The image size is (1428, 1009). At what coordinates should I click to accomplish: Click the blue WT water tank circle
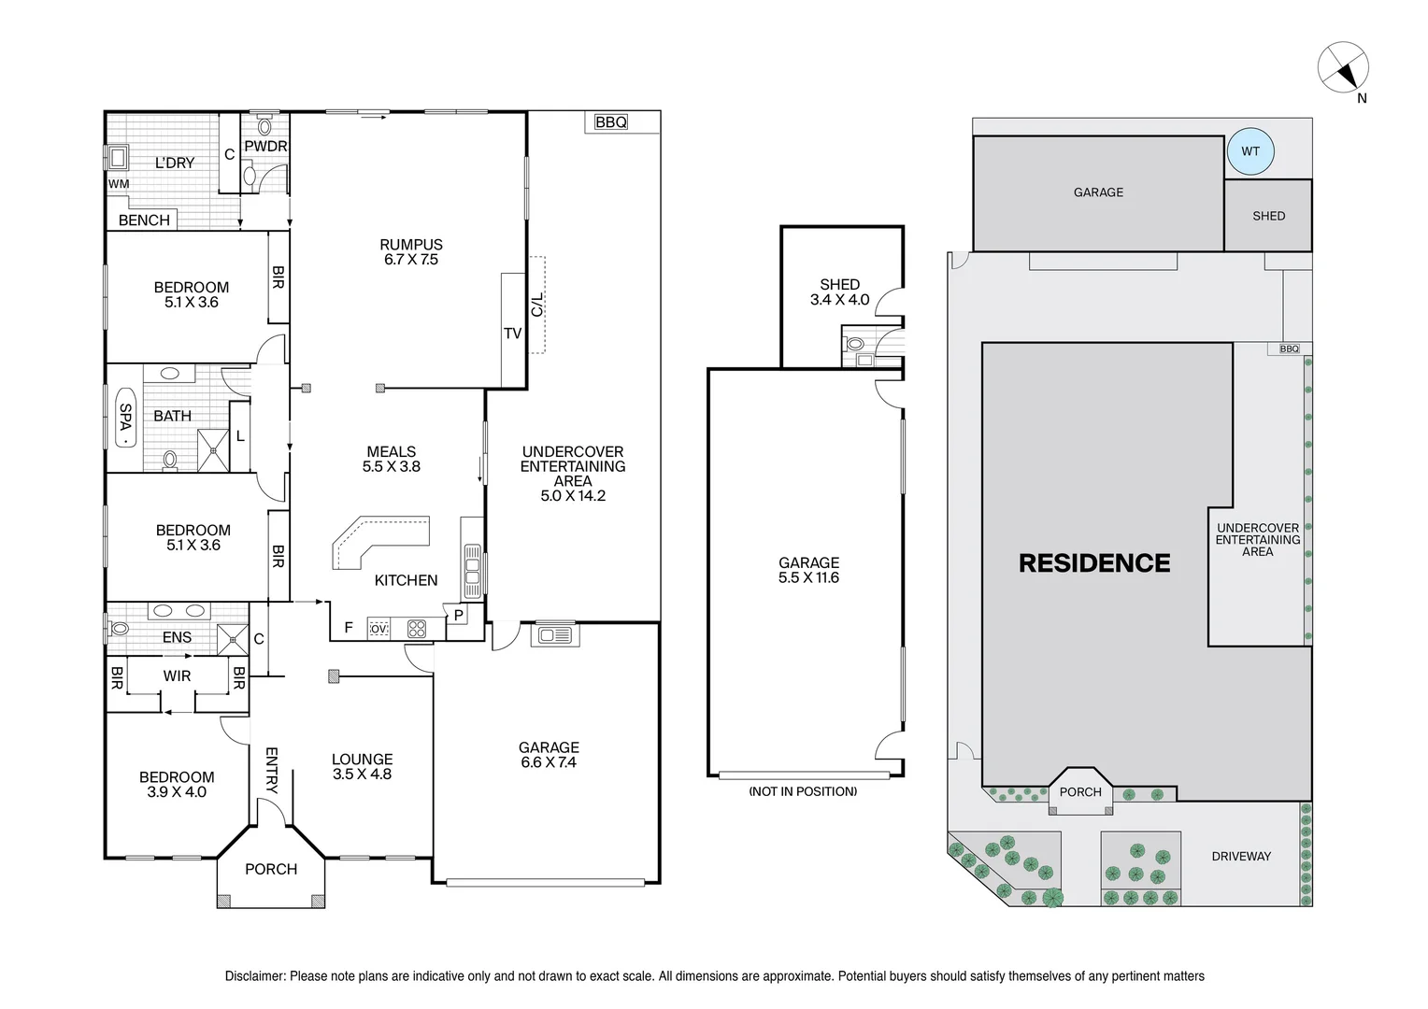(1249, 151)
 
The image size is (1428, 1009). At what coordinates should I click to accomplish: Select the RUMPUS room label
(411, 245)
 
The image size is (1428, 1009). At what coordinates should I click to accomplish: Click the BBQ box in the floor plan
(611, 122)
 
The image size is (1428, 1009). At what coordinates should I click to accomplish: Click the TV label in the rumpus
(512, 333)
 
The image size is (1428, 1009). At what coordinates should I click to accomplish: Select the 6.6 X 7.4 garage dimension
(549, 762)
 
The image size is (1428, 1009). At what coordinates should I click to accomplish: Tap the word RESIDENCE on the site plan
(1093, 563)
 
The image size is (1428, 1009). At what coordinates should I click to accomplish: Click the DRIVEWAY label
(1240, 856)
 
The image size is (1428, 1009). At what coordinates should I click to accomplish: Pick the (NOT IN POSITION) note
(802, 791)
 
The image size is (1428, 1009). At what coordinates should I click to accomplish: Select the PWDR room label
(265, 147)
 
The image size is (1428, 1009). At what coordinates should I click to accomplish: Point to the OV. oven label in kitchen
(378, 629)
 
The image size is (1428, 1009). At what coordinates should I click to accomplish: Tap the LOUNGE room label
(362, 760)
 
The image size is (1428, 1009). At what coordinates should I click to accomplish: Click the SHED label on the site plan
(1268, 216)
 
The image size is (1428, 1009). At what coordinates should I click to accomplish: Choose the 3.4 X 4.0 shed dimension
(839, 300)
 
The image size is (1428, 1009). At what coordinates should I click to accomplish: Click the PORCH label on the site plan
(1080, 791)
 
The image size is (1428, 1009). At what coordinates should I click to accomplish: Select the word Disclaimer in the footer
(253, 976)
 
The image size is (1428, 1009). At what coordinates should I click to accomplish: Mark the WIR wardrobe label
(177, 675)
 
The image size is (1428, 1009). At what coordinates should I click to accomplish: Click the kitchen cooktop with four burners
(416, 629)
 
